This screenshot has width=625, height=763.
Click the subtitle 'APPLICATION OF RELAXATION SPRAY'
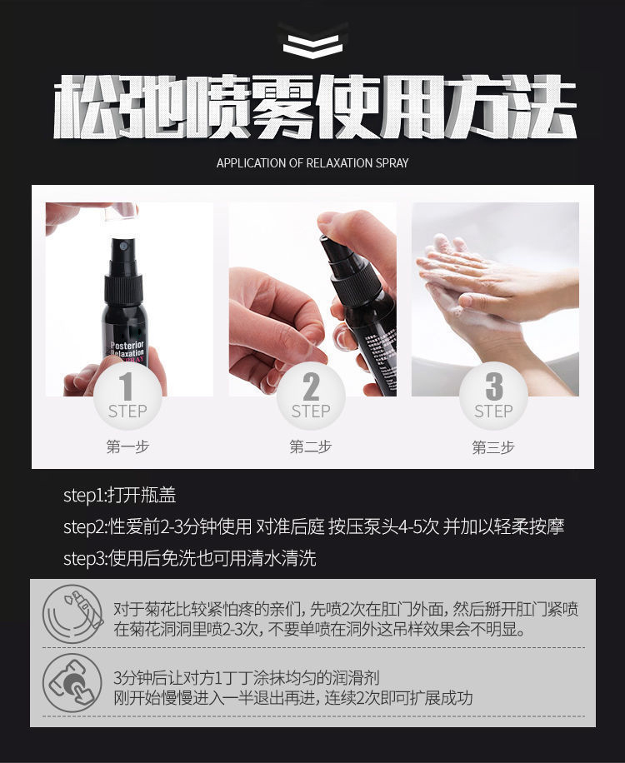point(312,163)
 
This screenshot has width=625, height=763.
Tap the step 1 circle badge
point(127,396)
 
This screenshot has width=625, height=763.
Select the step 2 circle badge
point(311,396)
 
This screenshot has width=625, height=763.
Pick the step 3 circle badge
point(493,396)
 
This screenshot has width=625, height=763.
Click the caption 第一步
point(127,446)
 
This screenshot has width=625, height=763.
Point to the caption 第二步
point(311,446)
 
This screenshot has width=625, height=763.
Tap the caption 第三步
point(493,446)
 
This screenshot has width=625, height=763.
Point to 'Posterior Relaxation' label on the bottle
point(127,348)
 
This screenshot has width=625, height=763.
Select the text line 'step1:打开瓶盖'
point(120,496)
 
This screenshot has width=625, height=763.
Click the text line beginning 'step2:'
point(313,526)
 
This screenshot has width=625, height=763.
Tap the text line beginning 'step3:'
point(190,558)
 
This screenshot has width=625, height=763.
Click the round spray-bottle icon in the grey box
point(72,614)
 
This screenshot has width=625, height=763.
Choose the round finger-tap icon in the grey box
point(72,683)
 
